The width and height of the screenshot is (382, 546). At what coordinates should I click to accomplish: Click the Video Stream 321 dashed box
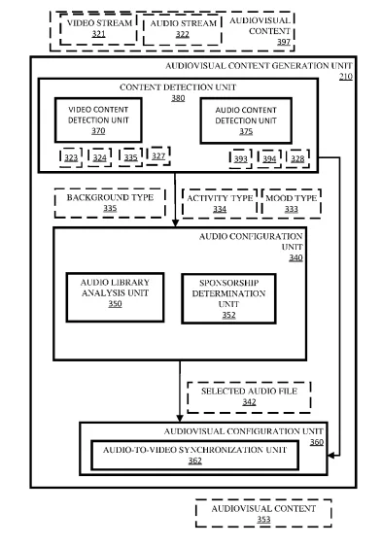[98, 29]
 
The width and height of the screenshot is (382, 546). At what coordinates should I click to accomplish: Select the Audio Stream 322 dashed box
[183, 29]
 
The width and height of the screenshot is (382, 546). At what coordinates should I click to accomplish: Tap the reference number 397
[284, 42]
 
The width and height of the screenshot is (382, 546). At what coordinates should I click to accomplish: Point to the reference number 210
[346, 76]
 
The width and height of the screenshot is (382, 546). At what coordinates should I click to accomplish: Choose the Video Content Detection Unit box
[98, 120]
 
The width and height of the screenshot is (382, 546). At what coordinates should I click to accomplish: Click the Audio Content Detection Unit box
[246, 120]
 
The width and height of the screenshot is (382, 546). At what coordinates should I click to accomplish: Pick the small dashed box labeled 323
[71, 157]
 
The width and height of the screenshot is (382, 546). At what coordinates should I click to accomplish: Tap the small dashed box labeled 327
[158, 155]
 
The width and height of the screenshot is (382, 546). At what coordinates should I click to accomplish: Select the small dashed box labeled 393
[240, 158]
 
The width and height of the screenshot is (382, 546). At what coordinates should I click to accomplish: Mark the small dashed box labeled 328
[297, 158]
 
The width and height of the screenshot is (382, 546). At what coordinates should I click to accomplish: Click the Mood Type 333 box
[292, 204]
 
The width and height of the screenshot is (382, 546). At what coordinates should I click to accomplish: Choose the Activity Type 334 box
[220, 204]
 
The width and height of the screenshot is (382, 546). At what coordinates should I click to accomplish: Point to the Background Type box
[110, 203]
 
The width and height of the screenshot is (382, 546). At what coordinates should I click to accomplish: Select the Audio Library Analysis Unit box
[115, 297]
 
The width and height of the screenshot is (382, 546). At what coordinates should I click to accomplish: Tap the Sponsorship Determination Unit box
[228, 299]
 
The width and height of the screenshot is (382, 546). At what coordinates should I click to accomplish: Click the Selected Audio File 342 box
[249, 397]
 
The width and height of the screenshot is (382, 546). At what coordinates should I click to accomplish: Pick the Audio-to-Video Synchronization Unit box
[194, 455]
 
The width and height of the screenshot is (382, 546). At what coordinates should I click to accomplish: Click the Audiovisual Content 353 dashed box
[263, 513]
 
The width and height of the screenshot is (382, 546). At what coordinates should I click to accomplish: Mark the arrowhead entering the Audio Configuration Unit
[175, 222]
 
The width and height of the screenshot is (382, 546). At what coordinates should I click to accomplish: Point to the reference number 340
[295, 257]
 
